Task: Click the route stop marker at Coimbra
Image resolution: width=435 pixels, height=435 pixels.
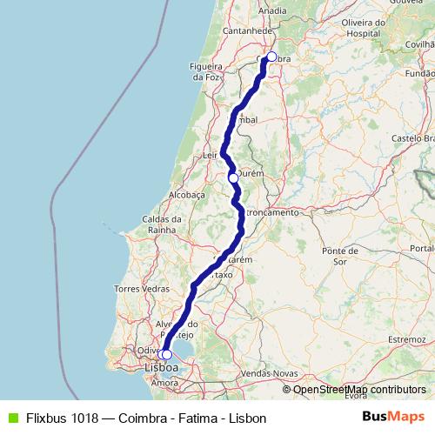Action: [271, 57]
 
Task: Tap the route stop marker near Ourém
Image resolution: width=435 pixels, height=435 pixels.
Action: [233, 177]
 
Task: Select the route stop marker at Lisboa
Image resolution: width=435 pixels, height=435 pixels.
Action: [166, 354]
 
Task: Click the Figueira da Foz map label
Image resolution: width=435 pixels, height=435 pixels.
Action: [206, 71]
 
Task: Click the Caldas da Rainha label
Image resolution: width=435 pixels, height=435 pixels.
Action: [162, 224]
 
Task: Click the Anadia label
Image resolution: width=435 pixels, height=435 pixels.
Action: [272, 10]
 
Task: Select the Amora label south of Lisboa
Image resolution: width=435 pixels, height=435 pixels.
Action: [164, 382]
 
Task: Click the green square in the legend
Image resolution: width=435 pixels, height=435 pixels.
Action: [11, 418]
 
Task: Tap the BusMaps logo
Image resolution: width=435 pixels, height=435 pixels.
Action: [393, 417]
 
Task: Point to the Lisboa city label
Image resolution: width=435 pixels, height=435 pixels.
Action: [161, 368]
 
